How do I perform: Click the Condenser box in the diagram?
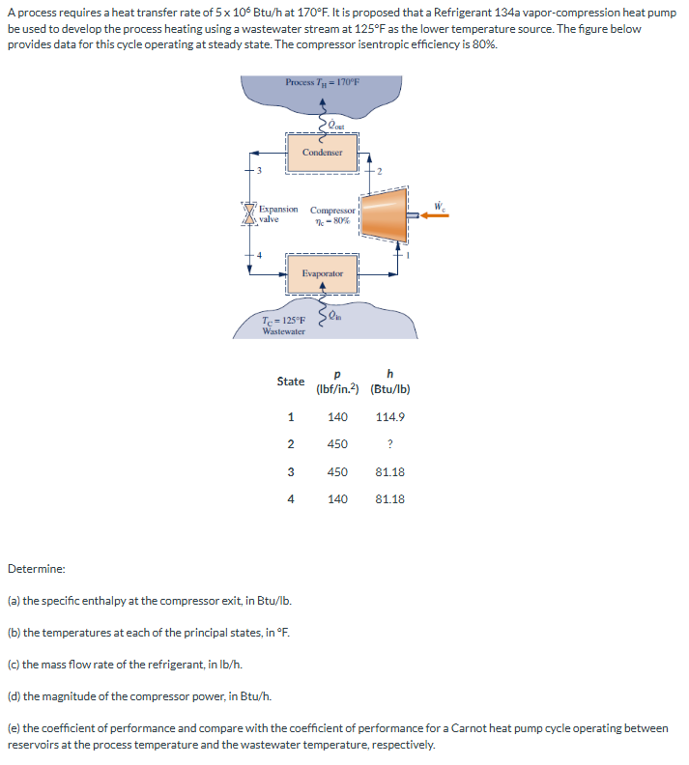[322, 153]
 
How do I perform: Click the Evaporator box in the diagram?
[322, 273]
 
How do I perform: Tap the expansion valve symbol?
[249, 213]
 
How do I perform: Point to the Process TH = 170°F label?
[322, 82]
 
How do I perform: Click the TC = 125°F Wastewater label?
[283, 326]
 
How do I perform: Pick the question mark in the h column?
[389, 444]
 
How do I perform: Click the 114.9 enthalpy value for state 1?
[389, 417]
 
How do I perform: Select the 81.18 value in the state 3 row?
[389, 471]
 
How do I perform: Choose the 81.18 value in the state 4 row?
[389, 498]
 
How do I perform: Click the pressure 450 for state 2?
[337, 444]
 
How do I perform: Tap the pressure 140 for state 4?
[337, 498]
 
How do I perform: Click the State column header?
[290, 382]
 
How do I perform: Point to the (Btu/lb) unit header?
[389, 390]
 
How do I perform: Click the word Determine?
[37, 569]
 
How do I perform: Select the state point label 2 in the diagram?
[380, 170]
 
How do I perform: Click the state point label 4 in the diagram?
[260, 255]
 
